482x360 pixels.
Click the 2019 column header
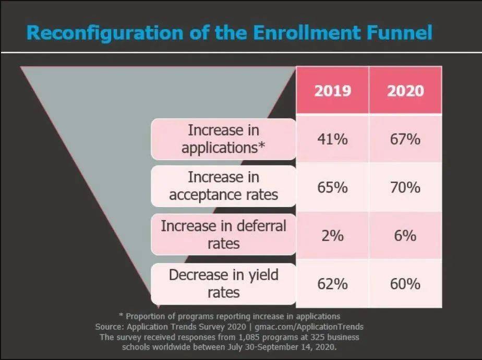pyautogui.click(x=332, y=91)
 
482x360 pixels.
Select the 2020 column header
pyautogui.click(x=405, y=91)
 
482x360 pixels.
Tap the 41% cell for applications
pyautogui.click(x=332, y=139)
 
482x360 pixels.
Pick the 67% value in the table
pyautogui.click(x=405, y=139)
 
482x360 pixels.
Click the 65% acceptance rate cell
pyautogui.click(x=332, y=187)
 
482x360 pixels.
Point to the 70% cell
pyautogui.click(x=405, y=187)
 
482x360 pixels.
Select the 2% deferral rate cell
pyautogui.click(x=332, y=235)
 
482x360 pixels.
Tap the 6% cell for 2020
pyautogui.click(x=405, y=235)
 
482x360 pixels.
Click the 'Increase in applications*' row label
pyautogui.click(x=223, y=139)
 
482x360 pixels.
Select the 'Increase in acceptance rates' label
pyautogui.click(x=223, y=186)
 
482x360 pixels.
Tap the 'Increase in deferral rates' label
pyautogui.click(x=223, y=235)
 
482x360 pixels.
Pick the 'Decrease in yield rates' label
pyautogui.click(x=223, y=283)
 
